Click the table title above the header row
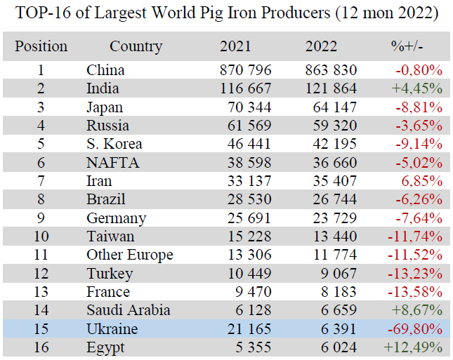point(226,14)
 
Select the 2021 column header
point(235,47)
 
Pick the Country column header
point(136,47)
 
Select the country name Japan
point(105,107)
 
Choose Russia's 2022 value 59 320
point(331,126)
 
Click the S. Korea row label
point(114,144)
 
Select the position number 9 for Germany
point(41,218)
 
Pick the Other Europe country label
point(130,255)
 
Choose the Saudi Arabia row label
point(129,310)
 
